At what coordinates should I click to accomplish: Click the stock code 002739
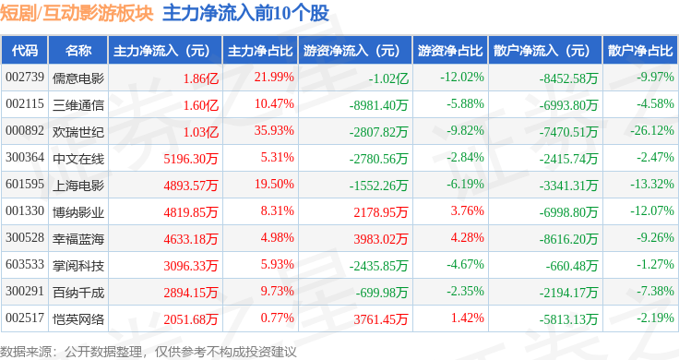coord(25,78)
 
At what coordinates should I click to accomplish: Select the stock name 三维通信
coord(78,105)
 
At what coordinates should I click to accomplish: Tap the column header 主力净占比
coord(260,51)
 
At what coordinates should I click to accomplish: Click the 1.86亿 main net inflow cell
coord(201,78)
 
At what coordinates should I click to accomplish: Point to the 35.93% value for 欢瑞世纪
coord(274,130)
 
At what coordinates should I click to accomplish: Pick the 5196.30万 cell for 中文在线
coord(191,159)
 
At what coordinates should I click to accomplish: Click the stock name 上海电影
coord(78,186)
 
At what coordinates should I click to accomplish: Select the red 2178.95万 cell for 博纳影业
coord(381,212)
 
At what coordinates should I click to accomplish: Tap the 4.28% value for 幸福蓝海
coord(467,237)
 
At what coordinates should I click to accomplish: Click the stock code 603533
coord(25,264)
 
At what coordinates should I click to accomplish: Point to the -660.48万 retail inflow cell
coord(572,266)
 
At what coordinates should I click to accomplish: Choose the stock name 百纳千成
coord(78,293)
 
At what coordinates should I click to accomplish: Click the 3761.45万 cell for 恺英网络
coord(381,319)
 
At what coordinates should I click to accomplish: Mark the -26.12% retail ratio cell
coord(652,130)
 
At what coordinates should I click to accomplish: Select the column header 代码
coord(25,51)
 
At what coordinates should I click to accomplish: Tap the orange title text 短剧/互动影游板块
coord(77,13)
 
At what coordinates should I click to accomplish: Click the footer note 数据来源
coord(26,352)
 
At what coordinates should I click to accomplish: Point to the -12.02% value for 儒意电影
coord(462,78)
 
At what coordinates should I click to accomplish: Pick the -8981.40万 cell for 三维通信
coord(378,105)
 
